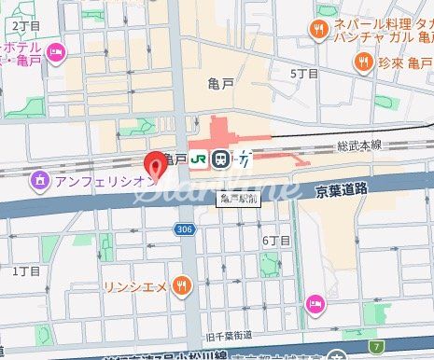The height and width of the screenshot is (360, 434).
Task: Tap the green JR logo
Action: (200, 159)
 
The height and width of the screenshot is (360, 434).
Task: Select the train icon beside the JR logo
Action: (220, 159)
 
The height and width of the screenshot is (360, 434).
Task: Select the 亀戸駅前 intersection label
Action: (239, 198)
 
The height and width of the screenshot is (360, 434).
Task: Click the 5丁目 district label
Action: (304, 74)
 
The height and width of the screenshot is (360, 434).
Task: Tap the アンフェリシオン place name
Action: (103, 180)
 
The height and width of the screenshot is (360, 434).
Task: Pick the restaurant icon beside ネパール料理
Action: (320, 28)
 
